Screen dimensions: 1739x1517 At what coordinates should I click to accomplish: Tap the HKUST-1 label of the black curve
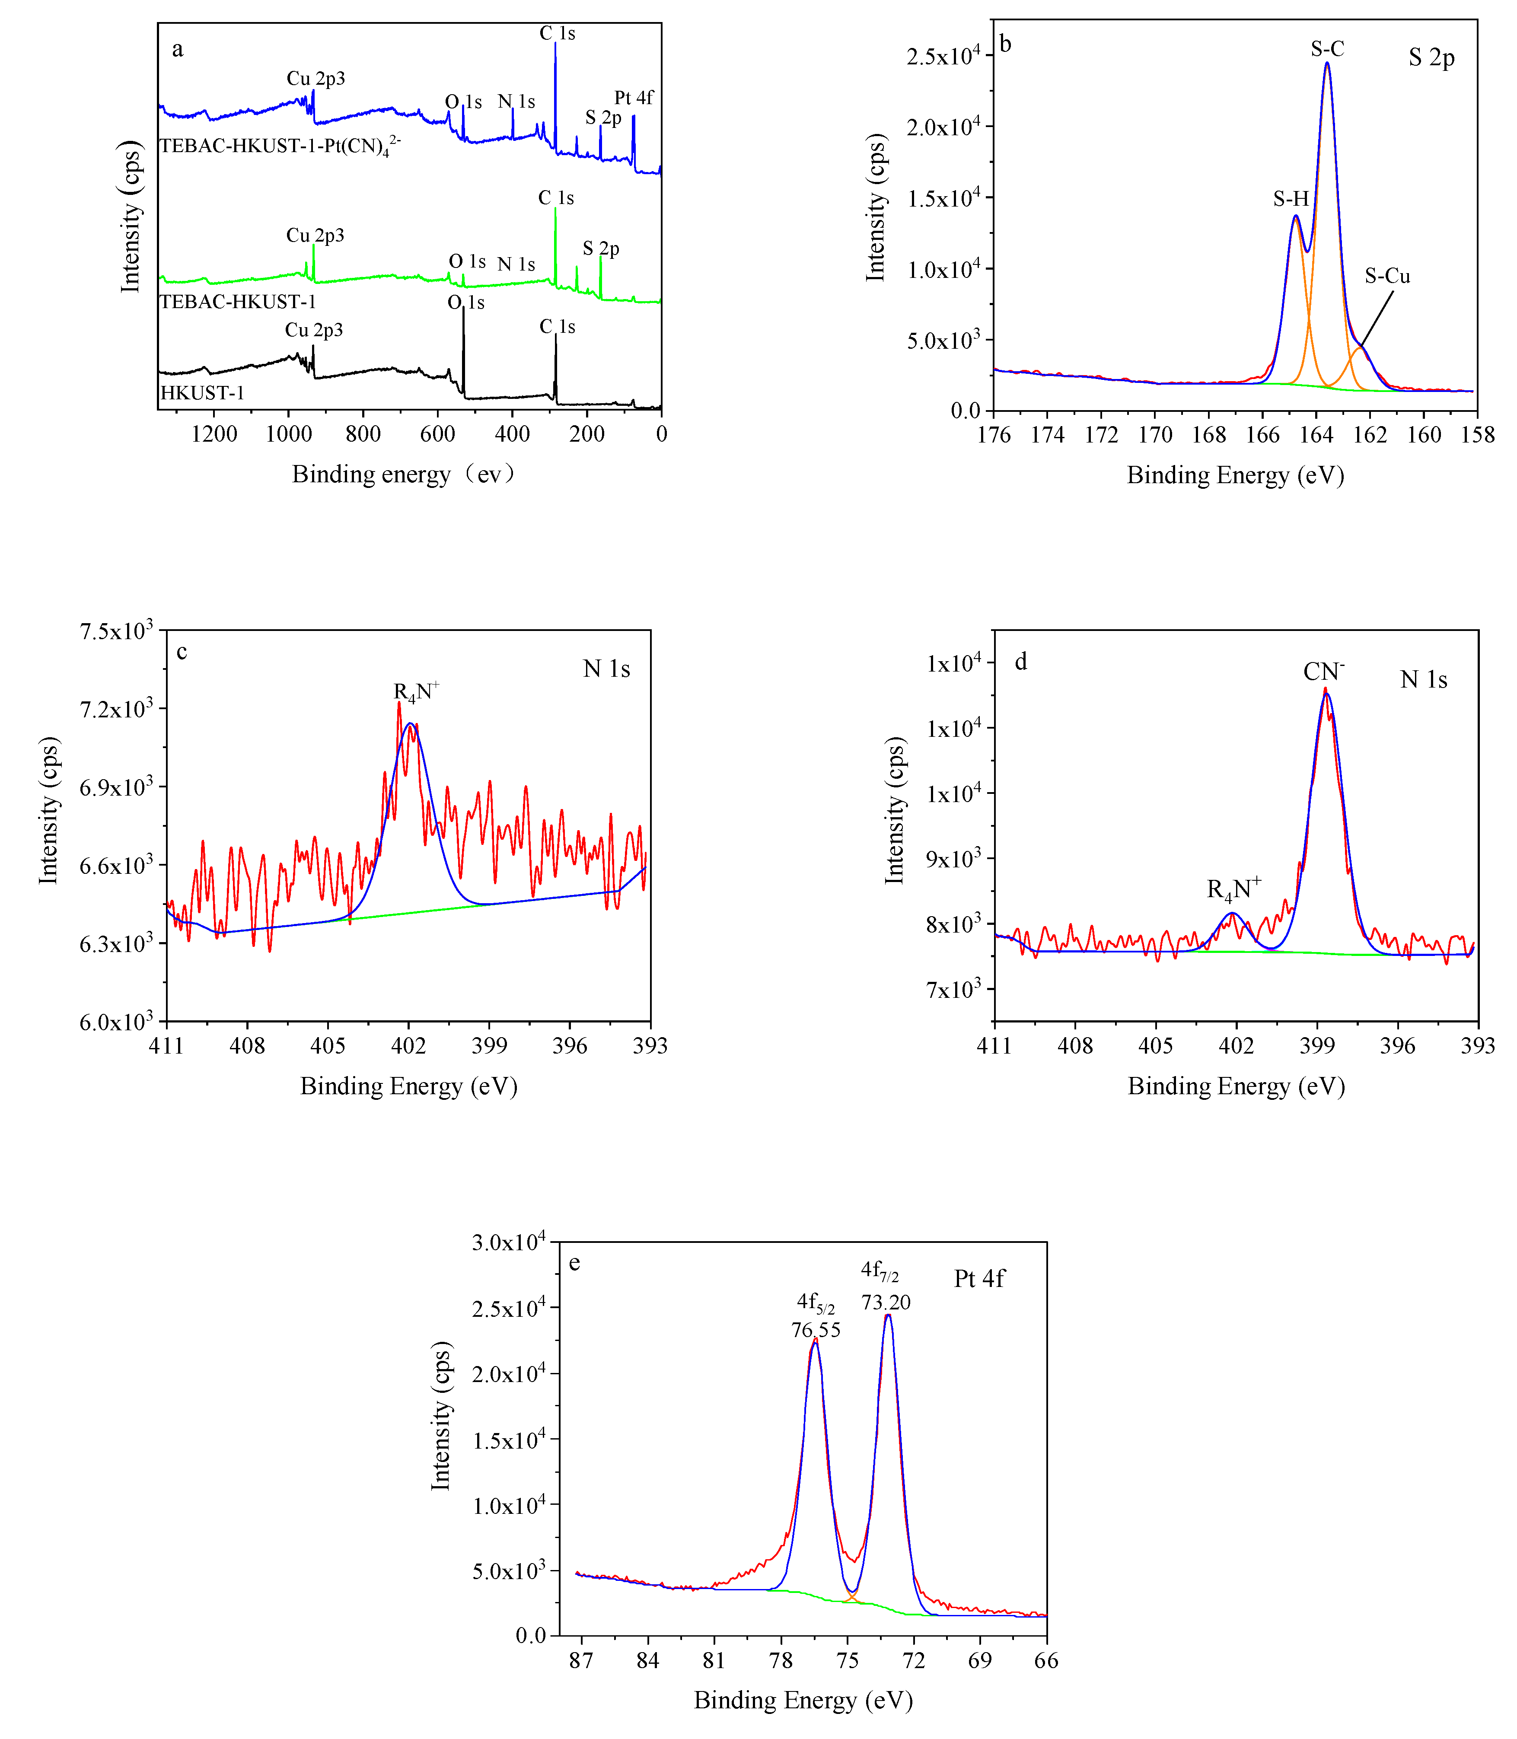pos(202,393)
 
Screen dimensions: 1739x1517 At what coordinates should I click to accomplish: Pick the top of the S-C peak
pos(1326,64)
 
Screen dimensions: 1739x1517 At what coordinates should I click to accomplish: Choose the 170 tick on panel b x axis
pos(1155,435)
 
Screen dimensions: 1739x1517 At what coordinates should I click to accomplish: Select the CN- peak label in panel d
pos(1323,672)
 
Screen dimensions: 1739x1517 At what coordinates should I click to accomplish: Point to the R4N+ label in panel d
pos(1233,889)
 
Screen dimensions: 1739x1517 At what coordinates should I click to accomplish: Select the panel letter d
pos(1021,661)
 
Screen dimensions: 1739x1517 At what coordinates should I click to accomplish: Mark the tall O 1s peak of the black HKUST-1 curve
pos(463,310)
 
